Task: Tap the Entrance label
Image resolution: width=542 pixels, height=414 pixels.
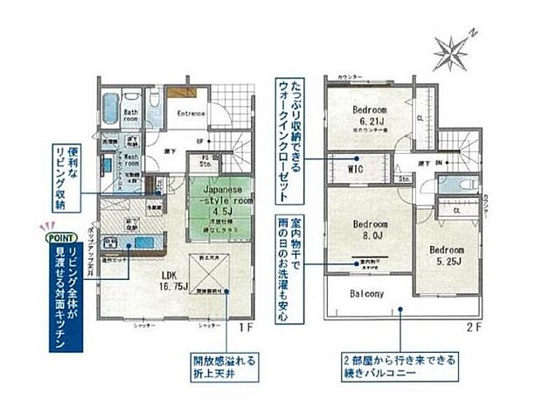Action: tap(191, 114)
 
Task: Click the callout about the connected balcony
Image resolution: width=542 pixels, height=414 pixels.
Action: tap(399, 367)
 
